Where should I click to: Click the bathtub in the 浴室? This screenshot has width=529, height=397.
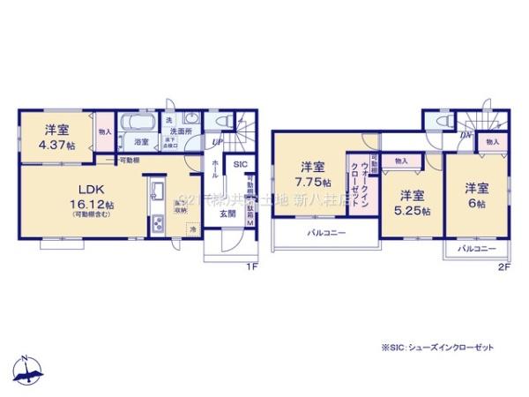(x=138, y=124)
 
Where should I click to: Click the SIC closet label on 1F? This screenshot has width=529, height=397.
(x=241, y=165)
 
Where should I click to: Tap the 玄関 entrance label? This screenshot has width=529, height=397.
(x=227, y=213)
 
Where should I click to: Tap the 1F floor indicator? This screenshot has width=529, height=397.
(x=251, y=266)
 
